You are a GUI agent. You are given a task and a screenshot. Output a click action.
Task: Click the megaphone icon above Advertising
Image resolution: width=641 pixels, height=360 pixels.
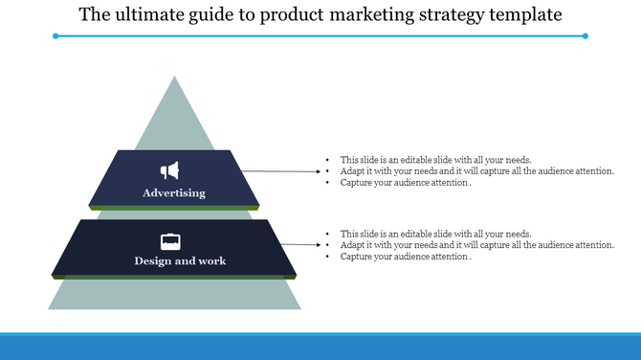pos(170,170)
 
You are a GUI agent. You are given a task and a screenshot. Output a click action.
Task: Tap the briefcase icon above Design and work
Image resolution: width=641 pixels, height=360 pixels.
pos(170,241)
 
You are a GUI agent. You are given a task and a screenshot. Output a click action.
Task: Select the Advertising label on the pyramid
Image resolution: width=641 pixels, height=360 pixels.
pos(174,193)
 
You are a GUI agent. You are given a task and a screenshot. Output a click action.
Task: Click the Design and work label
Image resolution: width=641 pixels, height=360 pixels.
pos(181,260)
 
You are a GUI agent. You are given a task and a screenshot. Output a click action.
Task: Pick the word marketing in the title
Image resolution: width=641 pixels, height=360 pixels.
pos(347,15)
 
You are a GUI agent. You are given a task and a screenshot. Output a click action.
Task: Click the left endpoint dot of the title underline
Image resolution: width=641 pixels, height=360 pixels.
pos(56,36)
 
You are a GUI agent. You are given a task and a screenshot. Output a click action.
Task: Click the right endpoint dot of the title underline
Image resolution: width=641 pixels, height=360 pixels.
pos(586,36)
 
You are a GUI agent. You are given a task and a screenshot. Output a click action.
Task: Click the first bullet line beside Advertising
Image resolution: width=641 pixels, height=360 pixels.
pos(435,160)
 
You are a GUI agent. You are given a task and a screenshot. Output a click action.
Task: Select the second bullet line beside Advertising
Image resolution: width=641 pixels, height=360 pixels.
pos(476,171)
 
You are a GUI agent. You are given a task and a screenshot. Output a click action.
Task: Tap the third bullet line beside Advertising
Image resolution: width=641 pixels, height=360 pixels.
pos(406,183)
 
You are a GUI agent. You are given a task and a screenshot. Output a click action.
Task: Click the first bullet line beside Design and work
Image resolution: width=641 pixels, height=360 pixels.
pos(435,234)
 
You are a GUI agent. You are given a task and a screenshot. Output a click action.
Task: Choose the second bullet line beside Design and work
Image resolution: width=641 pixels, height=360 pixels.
pos(476,245)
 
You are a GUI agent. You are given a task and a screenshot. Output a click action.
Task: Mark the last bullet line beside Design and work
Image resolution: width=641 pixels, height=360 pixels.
pos(406,257)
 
